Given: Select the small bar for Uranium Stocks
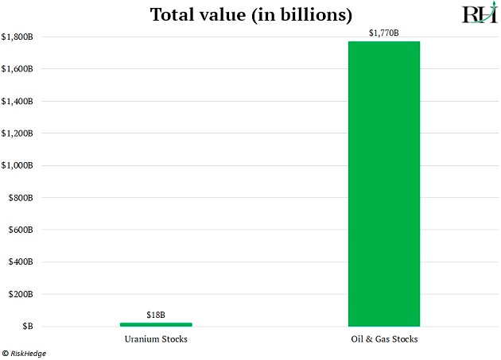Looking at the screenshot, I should [156, 324].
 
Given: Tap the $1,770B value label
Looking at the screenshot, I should [384, 33].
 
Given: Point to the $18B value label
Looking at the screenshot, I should [156, 315].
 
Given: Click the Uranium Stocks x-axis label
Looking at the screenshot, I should [156, 339].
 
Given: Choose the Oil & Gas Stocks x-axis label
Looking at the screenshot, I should [384, 339].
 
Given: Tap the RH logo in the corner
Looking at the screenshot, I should [479, 14].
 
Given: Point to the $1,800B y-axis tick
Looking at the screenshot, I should [17, 37].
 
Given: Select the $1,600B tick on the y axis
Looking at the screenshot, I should [17, 69].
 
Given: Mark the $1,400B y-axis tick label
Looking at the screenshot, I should [17, 102].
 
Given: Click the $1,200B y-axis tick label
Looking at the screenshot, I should [17, 134].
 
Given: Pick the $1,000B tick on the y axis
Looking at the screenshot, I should [17, 166].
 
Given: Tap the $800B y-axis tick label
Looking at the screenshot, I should [20, 198].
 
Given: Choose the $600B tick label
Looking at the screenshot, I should [20, 230].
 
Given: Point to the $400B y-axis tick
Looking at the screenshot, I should [20, 262].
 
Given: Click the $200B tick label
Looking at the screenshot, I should [20, 294].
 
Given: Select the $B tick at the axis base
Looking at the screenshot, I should [27, 327].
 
